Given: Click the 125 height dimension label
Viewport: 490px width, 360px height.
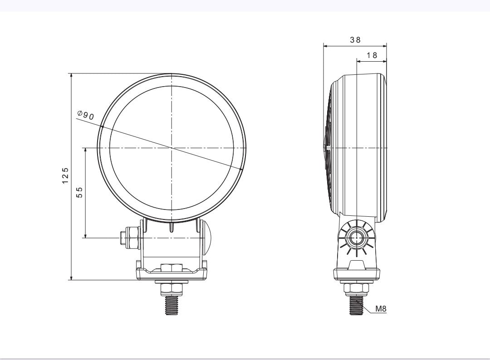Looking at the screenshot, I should coord(65,176).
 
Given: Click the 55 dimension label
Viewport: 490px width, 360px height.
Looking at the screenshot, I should coord(79,192).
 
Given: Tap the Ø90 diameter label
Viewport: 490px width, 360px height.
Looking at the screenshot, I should coord(85,115).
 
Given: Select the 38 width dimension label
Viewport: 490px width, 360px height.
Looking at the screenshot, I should coord(355,40).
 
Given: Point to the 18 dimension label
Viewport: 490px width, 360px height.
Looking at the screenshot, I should coord(372,55).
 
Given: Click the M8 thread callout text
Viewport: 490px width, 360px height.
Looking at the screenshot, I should coord(381,309).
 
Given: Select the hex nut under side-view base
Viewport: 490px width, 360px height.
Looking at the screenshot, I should coord(357,288).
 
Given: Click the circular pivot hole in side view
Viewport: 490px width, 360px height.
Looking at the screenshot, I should coord(357,238).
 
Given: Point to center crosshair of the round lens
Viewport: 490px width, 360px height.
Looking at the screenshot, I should coord(171,148).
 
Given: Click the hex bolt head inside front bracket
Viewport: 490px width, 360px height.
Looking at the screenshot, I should coord(171,268).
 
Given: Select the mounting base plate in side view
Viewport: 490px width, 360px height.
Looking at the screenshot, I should coord(357,273).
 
